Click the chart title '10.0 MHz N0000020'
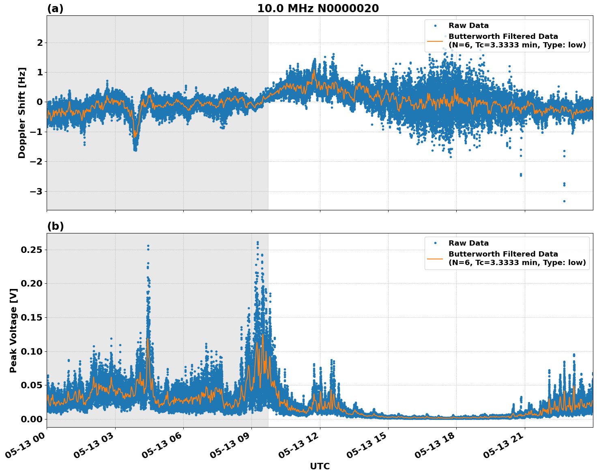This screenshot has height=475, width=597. coord(318,9)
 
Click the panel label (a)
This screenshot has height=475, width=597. coord(55,9)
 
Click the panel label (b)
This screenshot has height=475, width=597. coord(55,226)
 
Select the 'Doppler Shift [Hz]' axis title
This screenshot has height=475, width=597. coord(22,113)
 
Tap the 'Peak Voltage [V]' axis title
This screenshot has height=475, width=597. coord(13,330)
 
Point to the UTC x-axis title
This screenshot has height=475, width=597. coord(320,466)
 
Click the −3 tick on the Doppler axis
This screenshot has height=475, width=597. coord(36,191)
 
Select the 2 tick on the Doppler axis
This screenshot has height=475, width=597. coord(40,43)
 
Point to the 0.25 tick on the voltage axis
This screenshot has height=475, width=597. coord(32,250)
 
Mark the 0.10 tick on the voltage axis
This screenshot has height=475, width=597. coord(32,351)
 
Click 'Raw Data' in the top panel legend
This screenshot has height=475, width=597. coord(468,26)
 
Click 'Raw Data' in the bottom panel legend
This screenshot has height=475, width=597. coord(468,243)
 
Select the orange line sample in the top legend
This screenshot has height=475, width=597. coord(435,41)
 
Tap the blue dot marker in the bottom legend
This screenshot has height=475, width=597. coord(435,243)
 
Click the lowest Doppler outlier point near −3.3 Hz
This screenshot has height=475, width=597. coord(564,201)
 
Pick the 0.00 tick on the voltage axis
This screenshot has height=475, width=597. coord(32,419)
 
